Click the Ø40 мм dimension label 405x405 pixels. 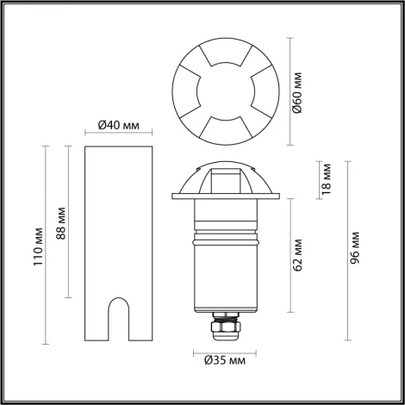tap(119, 125)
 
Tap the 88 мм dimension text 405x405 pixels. tap(59, 224)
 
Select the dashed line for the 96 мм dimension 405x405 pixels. tap(346, 250)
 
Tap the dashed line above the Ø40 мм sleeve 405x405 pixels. tap(119, 133)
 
